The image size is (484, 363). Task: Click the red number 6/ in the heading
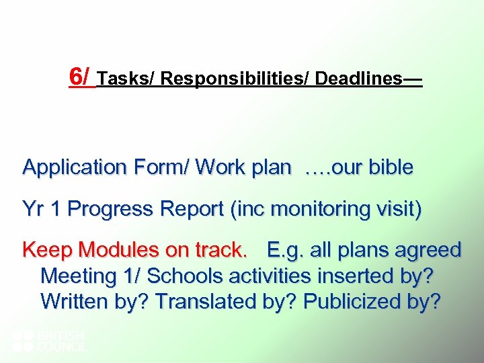[81, 77]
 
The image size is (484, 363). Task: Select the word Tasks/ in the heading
[126, 79]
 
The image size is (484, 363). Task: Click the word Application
[73, 167]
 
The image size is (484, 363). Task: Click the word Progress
[111, 210]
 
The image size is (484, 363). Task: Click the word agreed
[424, 251]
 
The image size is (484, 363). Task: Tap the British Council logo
[50, 341]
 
